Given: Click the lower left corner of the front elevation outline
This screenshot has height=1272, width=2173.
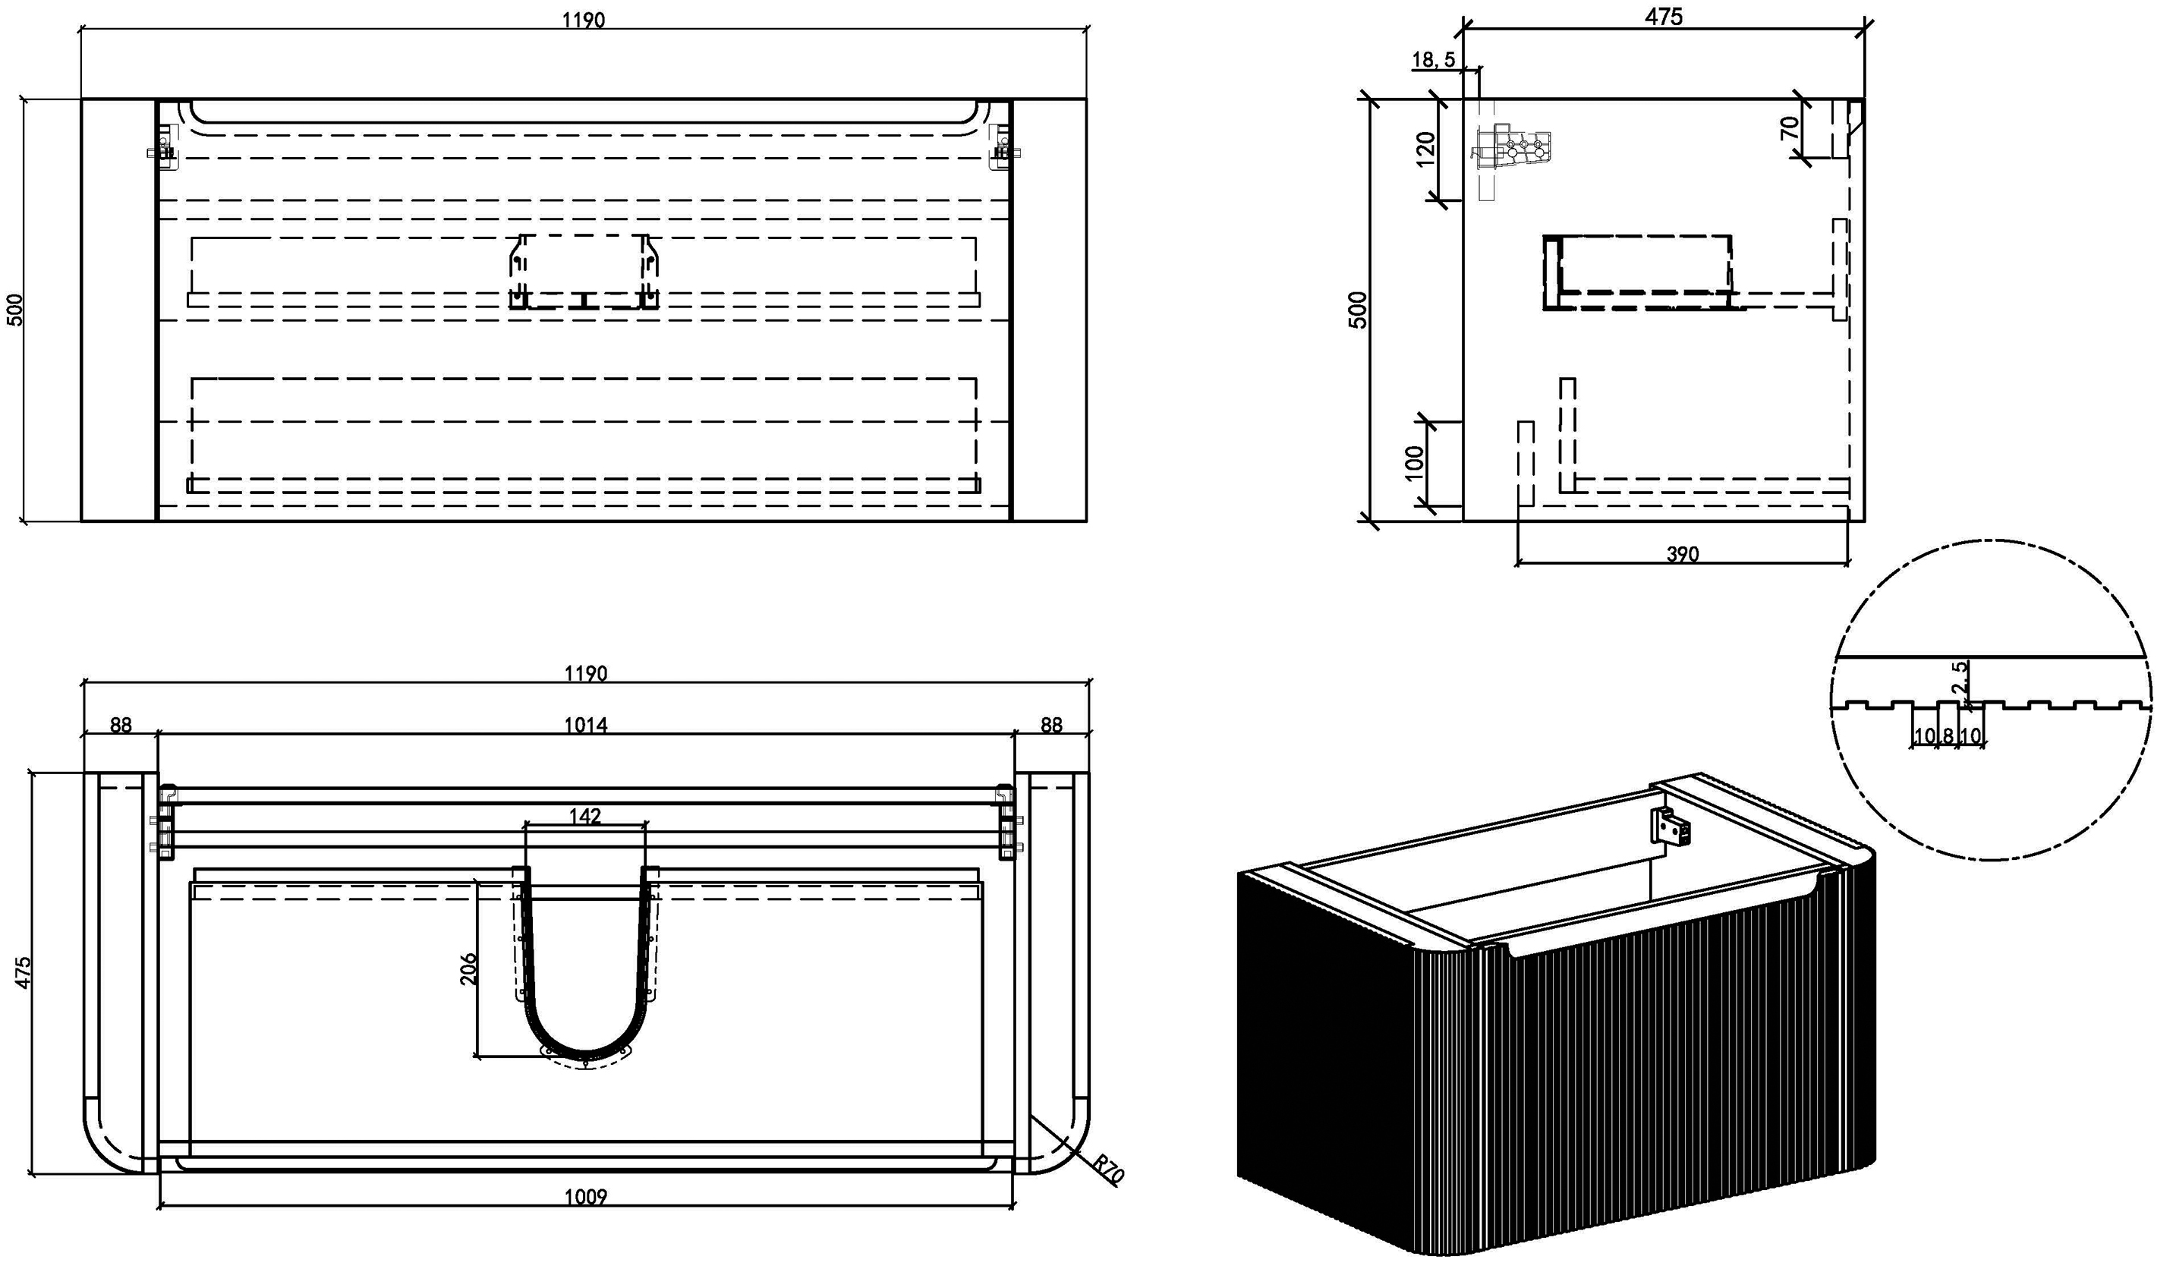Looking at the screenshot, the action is [82, 521].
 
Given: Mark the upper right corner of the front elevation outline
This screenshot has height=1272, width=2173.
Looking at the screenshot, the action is [1087, 99].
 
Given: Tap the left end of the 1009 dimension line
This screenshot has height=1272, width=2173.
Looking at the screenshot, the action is [161, 1207].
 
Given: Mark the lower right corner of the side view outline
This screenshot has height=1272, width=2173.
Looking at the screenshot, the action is [1863, 521].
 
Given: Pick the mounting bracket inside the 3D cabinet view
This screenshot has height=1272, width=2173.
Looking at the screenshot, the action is [1671, 827].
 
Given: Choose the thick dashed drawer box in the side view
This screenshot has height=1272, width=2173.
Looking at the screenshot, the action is [1639, 272].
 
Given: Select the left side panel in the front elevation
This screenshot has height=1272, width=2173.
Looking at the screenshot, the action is [119, 310].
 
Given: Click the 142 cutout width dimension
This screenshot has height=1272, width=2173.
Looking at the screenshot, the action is [585, 815].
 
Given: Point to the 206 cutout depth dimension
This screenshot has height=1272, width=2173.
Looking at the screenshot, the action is [468, 969].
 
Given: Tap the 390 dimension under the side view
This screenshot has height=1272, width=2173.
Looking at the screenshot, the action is [1683, 553].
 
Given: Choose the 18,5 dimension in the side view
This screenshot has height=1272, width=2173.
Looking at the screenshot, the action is [1434, 59].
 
